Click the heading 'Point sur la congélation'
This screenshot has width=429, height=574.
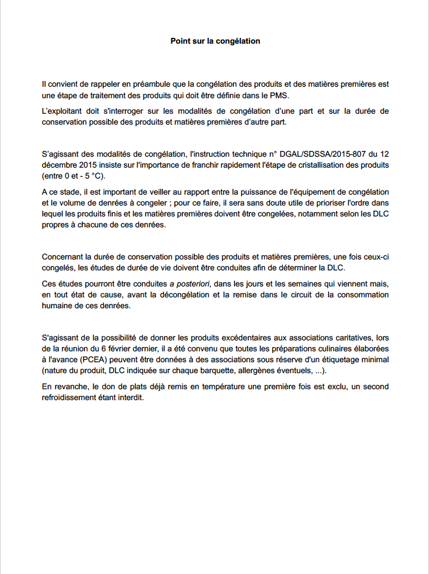coord(215,41)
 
